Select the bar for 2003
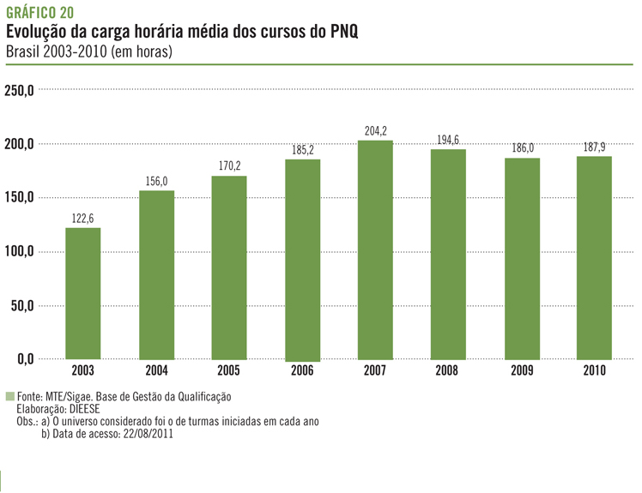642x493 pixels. pos(83,293)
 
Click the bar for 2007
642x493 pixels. pos(375,250)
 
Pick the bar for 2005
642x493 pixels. pos(229,268)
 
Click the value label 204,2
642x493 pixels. pos(375,132)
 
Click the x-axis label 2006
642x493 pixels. pos(302,371)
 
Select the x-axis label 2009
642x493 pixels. pos(521,371)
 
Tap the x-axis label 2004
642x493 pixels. pos(156,371)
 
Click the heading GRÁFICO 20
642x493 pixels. pos(39,12)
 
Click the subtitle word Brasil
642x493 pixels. pos(22,51)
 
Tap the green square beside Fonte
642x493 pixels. pos(10,397)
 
